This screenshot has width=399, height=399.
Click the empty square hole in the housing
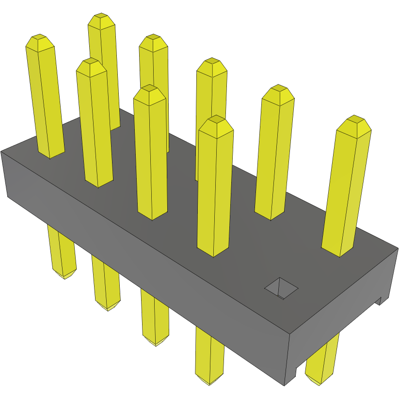tap(281, 288)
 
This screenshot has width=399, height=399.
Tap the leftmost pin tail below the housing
tap(62, 252)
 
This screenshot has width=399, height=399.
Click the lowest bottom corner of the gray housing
tap(285, 385)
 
